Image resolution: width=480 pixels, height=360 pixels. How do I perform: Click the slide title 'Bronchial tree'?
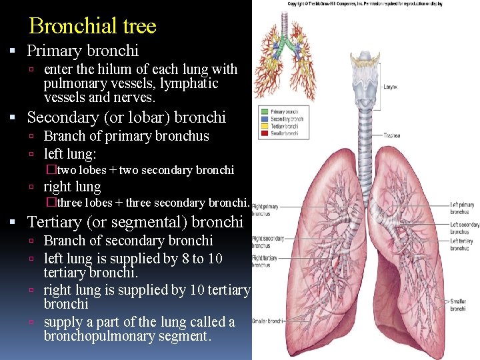93,26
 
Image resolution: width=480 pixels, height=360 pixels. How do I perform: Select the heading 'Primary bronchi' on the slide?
83,50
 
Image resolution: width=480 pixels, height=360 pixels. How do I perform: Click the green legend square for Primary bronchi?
264,112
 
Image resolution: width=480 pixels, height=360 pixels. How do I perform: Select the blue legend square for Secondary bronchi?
264,119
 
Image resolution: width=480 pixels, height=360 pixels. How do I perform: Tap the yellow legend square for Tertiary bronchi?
264,126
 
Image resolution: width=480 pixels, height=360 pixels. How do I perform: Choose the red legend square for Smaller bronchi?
264,133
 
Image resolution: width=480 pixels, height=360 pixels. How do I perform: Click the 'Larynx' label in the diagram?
391,86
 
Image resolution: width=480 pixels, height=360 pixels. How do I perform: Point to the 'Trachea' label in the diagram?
392,135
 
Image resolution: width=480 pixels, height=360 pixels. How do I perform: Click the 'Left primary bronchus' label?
462,207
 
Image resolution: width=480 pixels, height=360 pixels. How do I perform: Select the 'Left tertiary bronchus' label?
462,245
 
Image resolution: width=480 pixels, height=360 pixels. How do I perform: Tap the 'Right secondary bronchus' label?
267,241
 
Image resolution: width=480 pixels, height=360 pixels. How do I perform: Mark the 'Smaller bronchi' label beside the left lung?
458,305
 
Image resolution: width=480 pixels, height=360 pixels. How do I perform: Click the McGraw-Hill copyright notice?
364,3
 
